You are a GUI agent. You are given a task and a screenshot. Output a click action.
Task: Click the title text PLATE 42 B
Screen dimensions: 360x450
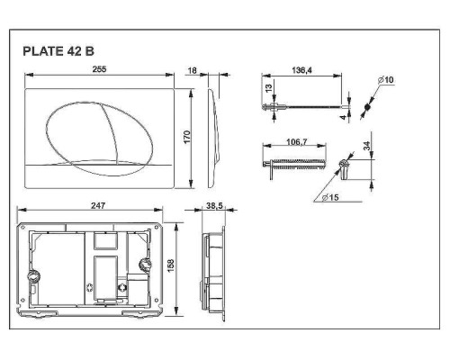[x=58, y=52]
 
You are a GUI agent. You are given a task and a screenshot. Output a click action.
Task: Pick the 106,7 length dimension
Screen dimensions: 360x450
[x=293, y=140]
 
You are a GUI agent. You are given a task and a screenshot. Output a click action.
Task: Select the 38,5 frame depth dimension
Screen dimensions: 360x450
[x=215, y=206]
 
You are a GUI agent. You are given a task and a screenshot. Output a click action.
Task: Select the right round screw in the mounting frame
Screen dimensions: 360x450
[x=146, y=265]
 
